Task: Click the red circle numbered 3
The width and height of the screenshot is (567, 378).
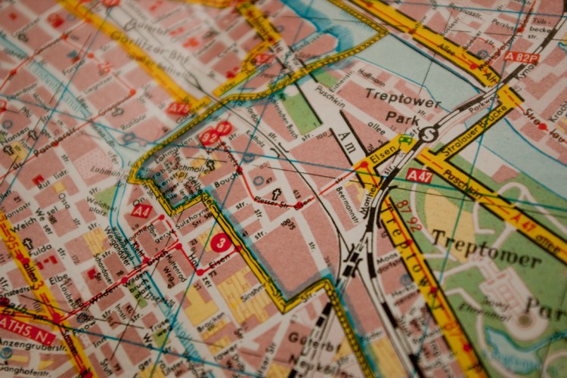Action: coord(220,243)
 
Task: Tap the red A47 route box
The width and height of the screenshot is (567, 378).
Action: coord(419,175)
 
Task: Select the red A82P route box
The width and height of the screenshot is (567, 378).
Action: coord(522,57)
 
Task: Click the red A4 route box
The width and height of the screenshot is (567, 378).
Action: coord(141,211)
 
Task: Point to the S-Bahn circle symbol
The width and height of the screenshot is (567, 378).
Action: coord(428,134)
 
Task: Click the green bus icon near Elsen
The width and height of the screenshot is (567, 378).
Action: coord(406,141)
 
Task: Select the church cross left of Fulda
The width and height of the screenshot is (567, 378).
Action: coord(28,244)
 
